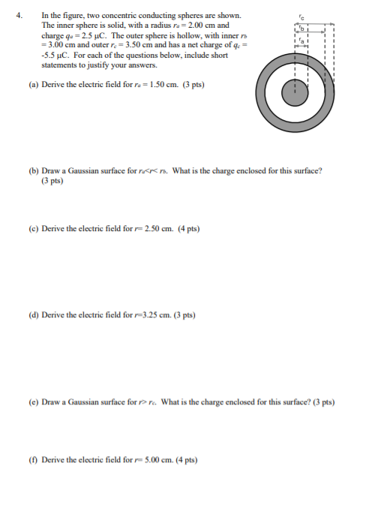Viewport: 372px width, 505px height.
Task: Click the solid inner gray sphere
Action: pyautogui.click(x=295, y=94)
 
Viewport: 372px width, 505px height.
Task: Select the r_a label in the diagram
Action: pyautogui.click(x=301, y=44)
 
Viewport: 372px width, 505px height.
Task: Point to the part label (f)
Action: pyautogui.click(x=33, y=459)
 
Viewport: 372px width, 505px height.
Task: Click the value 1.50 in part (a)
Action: pyautogui.click(x=160, y=85)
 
